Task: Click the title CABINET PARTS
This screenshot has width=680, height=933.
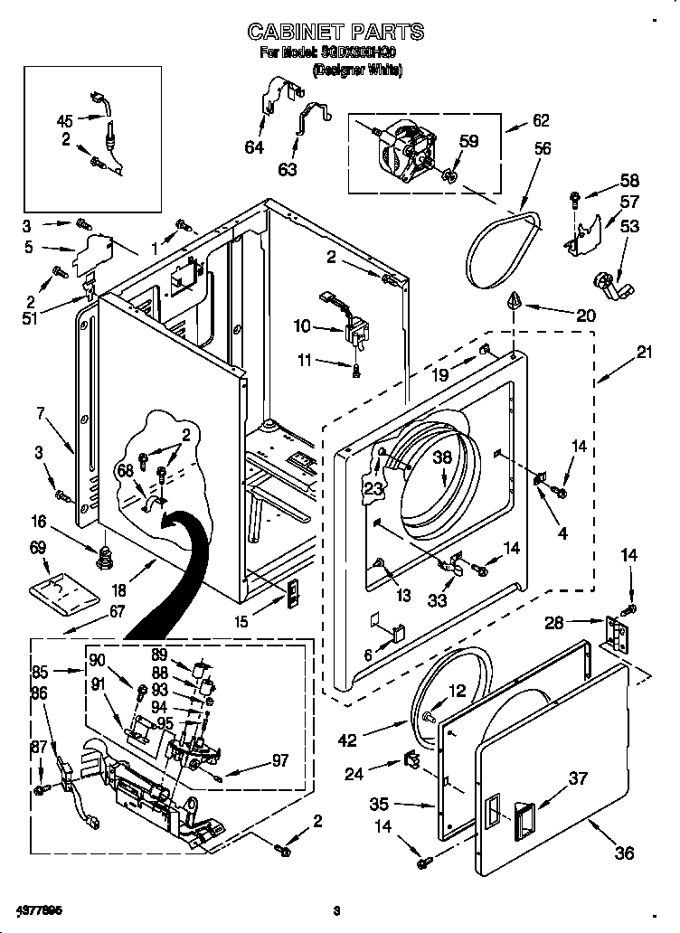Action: point(335,33)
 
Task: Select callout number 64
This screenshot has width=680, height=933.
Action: point(254,146)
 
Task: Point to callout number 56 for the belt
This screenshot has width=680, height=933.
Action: point(542,149)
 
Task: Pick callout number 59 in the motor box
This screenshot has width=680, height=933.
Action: point(467,141)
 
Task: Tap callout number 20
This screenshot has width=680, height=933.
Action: point(586,315)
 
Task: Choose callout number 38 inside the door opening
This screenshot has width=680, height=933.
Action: point(441,458)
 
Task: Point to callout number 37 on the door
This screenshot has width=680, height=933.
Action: point(578,777)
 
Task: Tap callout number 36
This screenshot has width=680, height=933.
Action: point(624,852)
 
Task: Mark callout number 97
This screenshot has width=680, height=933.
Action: point(279,761)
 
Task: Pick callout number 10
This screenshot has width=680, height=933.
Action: point(302,325)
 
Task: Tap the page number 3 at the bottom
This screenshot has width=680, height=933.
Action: point(335,909)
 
